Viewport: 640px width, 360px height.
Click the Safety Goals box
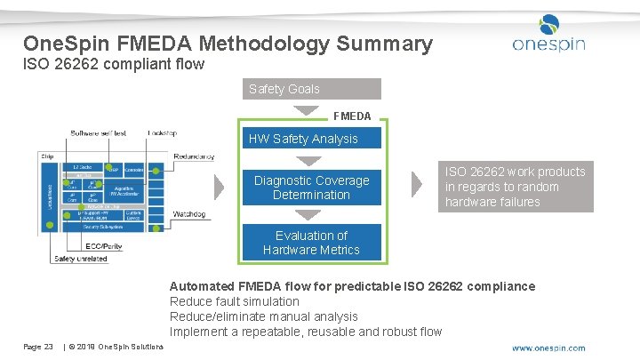(x=311, y=89)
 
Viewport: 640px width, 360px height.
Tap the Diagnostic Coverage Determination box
(x=311, y=188)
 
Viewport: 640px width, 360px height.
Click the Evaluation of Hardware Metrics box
(x=311, y=243)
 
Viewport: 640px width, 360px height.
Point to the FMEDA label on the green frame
(x=352, y=116)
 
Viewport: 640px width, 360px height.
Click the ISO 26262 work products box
(x=516, y=187)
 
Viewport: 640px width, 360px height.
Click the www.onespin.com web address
(x=548, y=348)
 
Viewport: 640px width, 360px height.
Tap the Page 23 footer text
(x=38, y=346)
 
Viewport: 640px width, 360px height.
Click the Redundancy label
(x=194, y=156)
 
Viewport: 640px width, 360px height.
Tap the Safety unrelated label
(x=80, y=259)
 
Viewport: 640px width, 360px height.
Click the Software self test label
(x=99, y=133)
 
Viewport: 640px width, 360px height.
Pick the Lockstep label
(x=162, y=133)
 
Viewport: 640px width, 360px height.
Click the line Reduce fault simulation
(x=234, y=301)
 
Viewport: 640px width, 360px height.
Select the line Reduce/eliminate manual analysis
(x=263, y=316)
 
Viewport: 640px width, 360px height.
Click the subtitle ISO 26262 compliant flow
(x=114, y=64)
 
